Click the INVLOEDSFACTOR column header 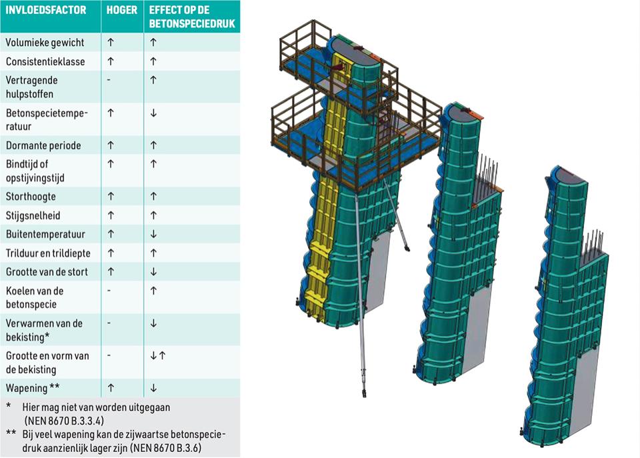(x=46, y=10)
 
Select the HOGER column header (x=121, y=10)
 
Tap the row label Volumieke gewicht (x=45, y=43)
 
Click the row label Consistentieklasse (x=45, y=61)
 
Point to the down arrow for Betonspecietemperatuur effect (x=153, y=113)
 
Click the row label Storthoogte (x=31, y=197)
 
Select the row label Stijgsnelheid (x=33, y=215)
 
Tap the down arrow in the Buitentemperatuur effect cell (x=153, y=234)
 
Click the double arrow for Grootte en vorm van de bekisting (x=157, y=355)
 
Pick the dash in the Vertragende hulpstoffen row (x=109, y=80)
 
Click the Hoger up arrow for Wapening (x=111, y=388)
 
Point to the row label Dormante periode (x=43, y=146)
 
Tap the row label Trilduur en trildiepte (x=48, y=253)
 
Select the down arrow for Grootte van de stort (x=153, y=272)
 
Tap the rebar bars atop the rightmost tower (x=593, y=243)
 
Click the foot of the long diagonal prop (x=363, y=392)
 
